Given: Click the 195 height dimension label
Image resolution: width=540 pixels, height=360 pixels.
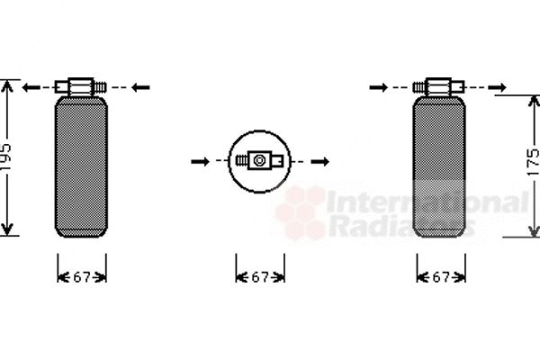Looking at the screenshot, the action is [6, 157].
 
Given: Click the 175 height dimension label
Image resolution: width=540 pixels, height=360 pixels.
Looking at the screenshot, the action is [533, 162].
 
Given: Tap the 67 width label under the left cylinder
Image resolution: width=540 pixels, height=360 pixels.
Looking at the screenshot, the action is [82, 277].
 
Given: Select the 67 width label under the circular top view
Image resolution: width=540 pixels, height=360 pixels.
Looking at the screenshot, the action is [260, 277].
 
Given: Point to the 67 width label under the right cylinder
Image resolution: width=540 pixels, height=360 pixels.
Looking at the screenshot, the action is [441, 277].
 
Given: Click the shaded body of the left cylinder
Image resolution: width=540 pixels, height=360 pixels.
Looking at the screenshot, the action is [81, 166].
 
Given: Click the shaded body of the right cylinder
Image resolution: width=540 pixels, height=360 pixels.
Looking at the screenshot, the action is [439, 166].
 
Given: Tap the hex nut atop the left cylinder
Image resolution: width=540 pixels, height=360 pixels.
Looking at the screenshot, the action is [81, 86].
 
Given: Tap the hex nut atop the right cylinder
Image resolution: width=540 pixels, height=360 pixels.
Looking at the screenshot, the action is [438, 86].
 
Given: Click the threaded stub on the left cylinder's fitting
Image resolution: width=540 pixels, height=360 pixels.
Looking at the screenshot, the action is [100, 87].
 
